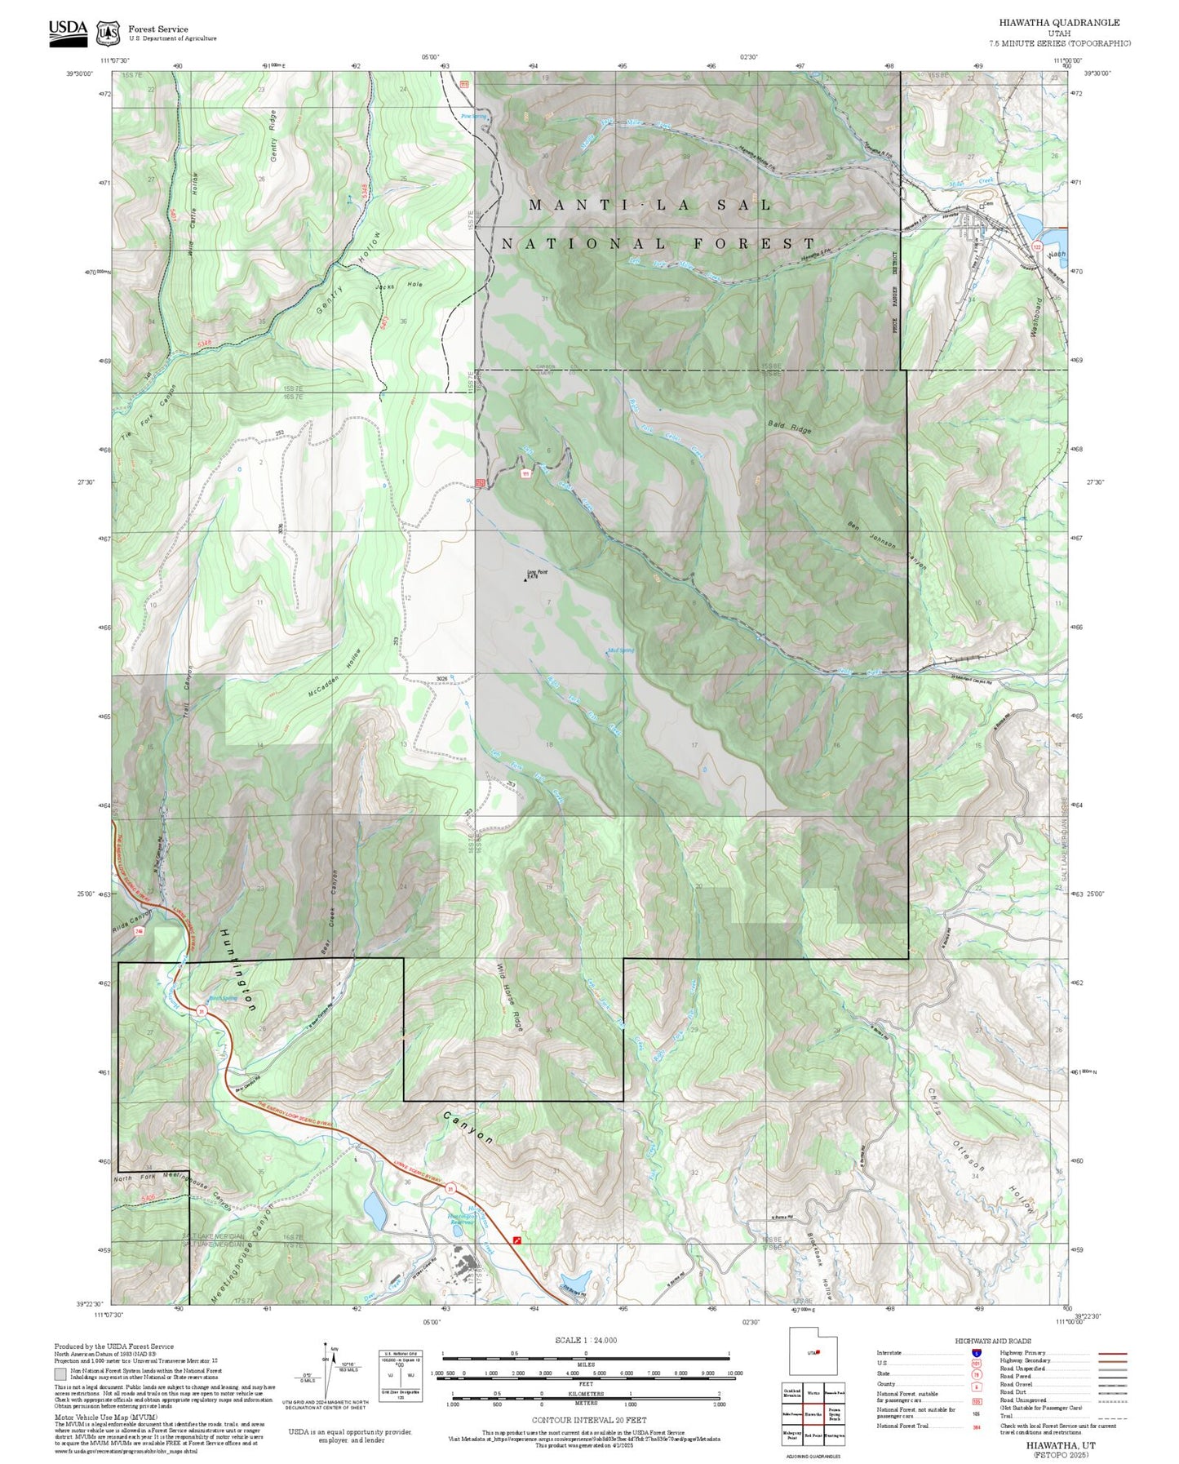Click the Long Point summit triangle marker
[x=525, y=580]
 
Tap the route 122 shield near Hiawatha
[x=1037, y=246]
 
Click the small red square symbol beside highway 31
[x=516, y=1240]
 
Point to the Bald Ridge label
[x=789, y=426]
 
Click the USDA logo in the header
[x=68, y=32]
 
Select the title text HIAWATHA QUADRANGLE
[x=1059, y=23]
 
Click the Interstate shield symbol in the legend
[x=976, y=1353]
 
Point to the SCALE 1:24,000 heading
[x=585, y=1340]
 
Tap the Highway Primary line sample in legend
[x=1112, y=1353]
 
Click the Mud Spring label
[x=621, y=650]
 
